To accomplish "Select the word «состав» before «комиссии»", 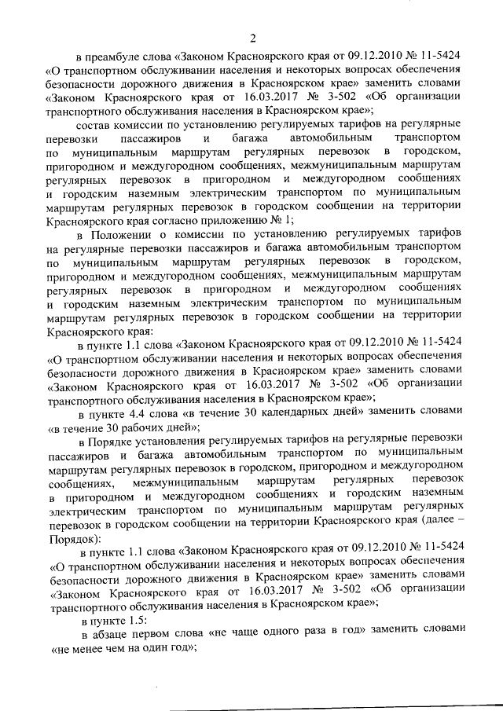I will (92, 126).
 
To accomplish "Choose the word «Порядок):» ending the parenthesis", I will (74, 539).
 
